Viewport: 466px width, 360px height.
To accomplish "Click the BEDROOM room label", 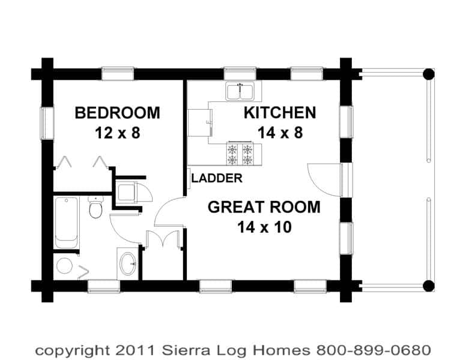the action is coord(117,113).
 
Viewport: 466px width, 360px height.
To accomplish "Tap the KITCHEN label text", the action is coord(280,113).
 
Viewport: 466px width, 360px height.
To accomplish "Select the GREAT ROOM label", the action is coord(264,207).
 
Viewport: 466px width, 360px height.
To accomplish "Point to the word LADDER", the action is coord(217,178).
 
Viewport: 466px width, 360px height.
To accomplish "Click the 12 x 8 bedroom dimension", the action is coord(117,133).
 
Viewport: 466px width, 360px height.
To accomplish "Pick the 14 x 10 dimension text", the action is coord(264,227).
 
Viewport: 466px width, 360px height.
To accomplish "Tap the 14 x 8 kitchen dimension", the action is coord(280,133).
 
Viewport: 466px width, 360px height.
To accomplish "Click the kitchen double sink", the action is coord(240,91).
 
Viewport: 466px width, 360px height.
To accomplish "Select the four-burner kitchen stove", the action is coord(240,154).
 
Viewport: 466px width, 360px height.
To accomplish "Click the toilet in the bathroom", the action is coord(95,208).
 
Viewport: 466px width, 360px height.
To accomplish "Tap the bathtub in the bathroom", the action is coord(67,222).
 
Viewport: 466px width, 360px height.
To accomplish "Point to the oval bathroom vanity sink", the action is coord(128,263).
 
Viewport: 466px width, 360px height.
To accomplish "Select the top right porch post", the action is coord(428,74).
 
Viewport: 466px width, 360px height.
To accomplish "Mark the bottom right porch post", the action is coord(428,286).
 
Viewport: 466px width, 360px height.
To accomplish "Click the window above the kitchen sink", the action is coord(240,73).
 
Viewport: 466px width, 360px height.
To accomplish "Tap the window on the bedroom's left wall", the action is coord(47,122).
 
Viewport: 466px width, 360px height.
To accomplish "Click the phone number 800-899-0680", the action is coord(374,350).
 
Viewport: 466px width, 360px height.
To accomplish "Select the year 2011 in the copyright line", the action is coord(135,350).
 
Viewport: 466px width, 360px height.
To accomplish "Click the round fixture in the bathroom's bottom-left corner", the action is coord(65,266).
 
